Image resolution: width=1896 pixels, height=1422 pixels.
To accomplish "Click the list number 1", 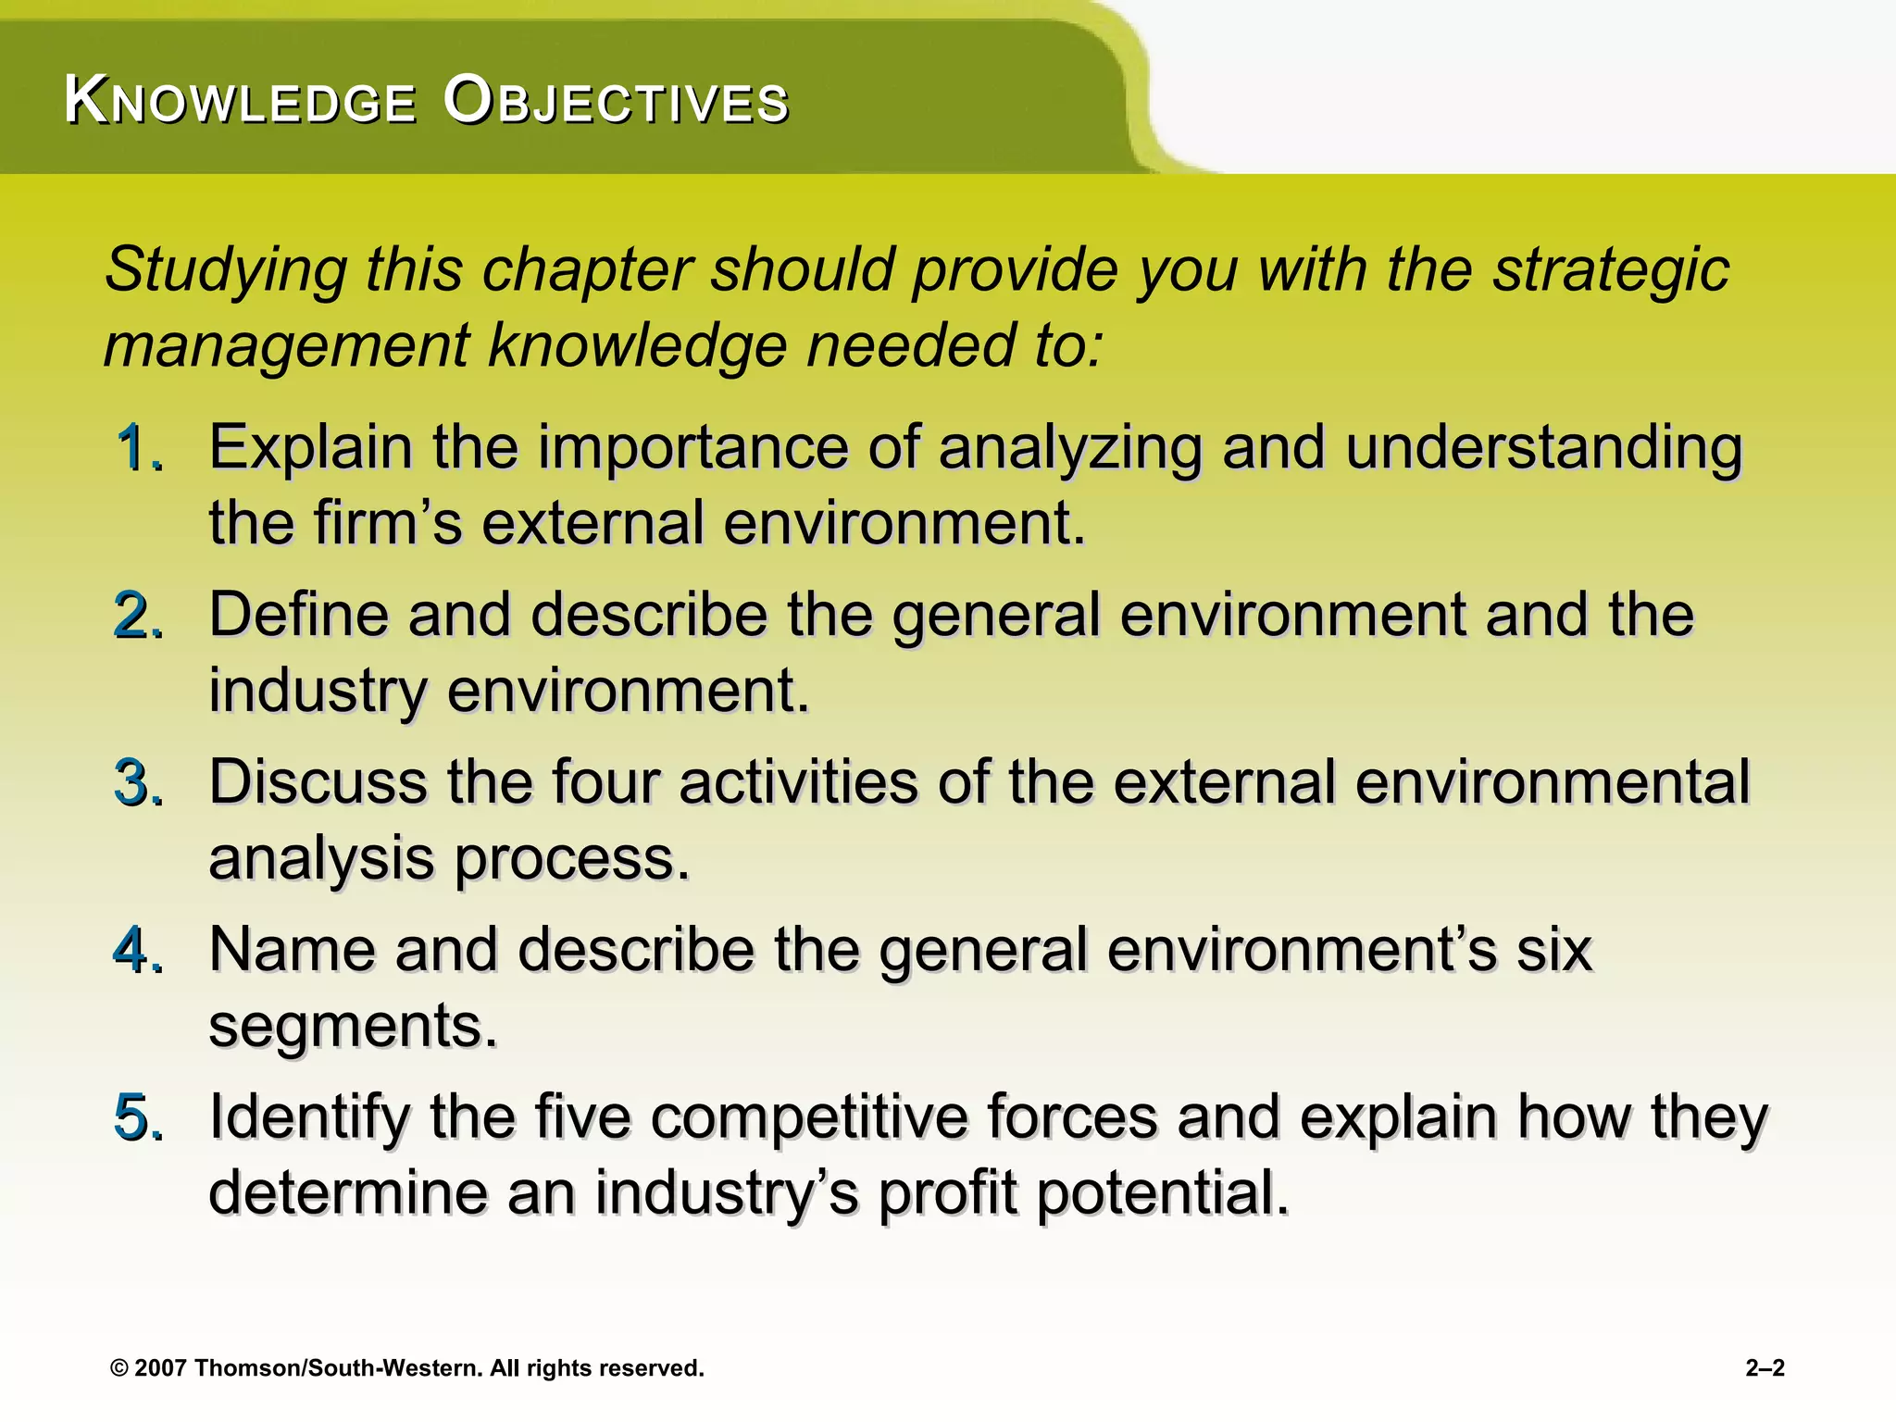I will coord(137,449).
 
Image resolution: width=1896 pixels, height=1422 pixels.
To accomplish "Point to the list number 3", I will coord(137,784).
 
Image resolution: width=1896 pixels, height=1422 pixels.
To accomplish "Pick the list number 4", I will coord(137,951).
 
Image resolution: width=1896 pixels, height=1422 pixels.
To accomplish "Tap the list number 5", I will coord(137,1117).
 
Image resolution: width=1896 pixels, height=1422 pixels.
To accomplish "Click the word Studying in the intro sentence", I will coord(226,270).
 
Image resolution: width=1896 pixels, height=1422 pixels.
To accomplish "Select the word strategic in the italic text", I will coord(1611,270).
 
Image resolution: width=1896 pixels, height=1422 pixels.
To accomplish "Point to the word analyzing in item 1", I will coord(1069,449).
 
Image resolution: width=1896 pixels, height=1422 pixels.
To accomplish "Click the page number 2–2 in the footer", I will coord(1765,1368).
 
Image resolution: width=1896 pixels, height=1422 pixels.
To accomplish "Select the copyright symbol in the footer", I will coord(118,1368).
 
